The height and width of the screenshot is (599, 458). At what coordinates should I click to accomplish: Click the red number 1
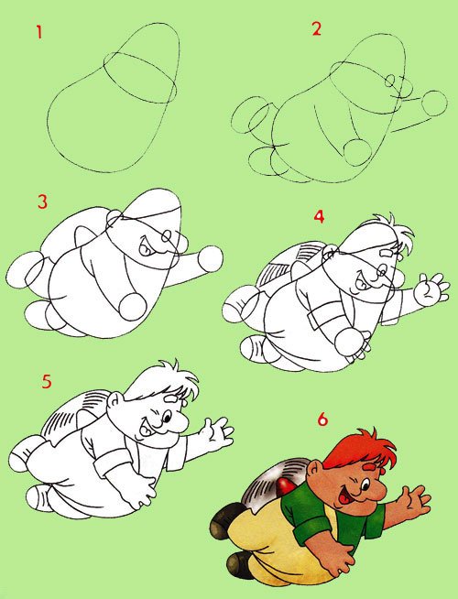(39, 32)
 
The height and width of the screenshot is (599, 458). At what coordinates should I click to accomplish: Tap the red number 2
(316, 29)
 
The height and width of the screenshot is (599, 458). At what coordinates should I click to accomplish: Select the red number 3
(42, 201)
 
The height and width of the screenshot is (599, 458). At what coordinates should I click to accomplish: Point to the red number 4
(319, 216)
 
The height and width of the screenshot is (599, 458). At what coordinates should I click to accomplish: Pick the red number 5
(47, 381)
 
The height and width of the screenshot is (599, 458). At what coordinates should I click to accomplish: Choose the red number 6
(322, 419)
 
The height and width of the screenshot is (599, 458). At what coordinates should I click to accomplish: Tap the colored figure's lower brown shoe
(239, 564)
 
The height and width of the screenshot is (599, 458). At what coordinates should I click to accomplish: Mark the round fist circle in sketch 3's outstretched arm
(211, 259)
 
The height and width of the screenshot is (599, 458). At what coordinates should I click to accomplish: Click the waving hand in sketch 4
(431, 289)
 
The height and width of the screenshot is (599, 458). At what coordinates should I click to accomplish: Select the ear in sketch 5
(114, 402)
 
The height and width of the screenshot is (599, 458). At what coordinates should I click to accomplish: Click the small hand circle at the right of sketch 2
(434, 103)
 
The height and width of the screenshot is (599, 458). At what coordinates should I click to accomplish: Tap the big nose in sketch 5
(178, 423)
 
